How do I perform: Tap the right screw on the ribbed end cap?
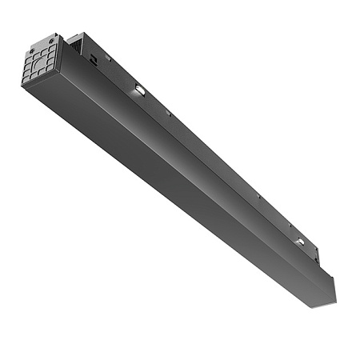[52, 38]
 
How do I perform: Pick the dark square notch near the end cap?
[94, 57]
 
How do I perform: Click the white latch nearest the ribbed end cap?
[139, 91]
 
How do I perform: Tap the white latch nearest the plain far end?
[298, 241]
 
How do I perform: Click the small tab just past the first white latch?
[169, 114]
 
